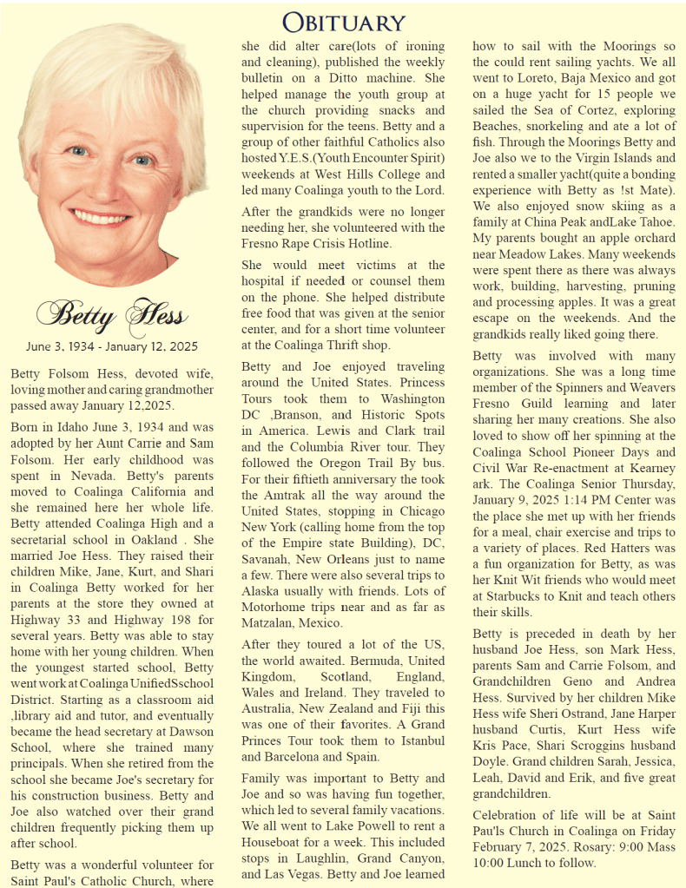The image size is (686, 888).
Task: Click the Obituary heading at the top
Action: click(344, 21)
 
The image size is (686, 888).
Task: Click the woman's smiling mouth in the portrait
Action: click(101, 215)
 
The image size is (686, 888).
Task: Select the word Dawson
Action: click(190, 733)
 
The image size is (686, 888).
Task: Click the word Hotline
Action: click(368, 243)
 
